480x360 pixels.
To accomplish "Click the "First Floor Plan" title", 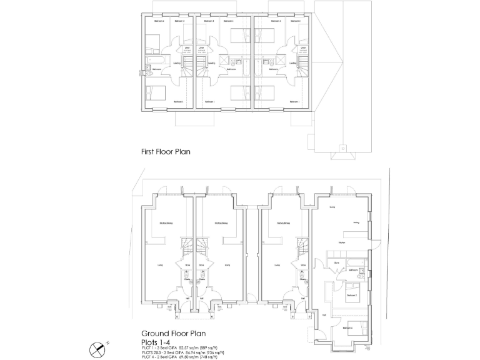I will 165,151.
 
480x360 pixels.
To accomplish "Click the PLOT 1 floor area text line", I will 181,347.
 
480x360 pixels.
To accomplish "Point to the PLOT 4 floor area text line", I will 181,357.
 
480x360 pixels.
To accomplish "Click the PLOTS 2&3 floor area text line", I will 181,352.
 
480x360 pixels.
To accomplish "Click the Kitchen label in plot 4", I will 342,242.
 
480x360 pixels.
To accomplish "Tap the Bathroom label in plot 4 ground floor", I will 353,270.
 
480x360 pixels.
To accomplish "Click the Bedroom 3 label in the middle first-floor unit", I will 209,21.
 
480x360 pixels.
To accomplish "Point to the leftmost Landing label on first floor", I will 177,62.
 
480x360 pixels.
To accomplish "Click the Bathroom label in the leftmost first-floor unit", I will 156,69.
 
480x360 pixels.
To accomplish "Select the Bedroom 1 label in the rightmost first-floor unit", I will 294,102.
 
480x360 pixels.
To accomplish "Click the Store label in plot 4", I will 336,263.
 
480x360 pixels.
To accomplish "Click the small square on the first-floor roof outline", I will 342,148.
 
